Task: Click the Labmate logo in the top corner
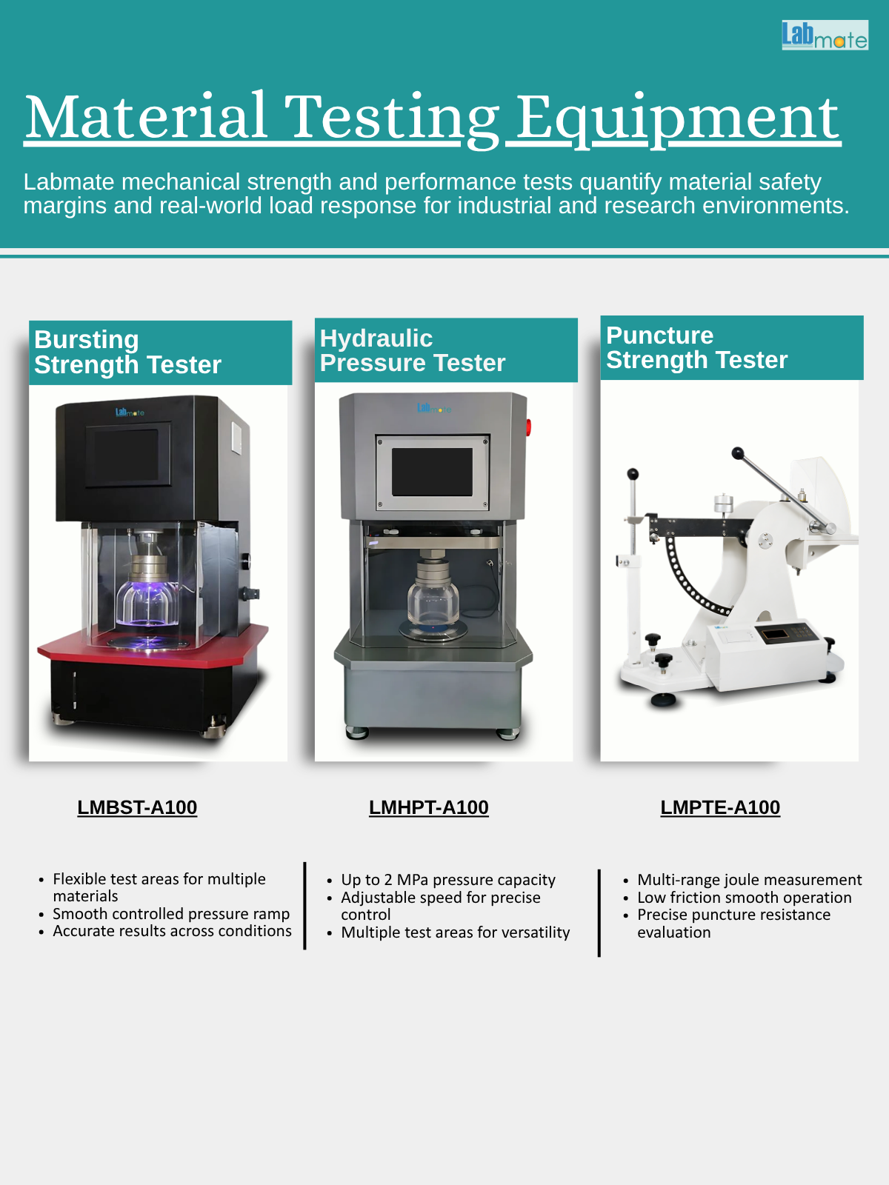tap(825, 35)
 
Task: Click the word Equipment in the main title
tap(677, 118)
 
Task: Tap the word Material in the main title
tap(146, 116)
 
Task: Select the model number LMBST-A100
tap(137, 807)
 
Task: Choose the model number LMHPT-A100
tap(429, 807)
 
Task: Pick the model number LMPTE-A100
tap(720, 807)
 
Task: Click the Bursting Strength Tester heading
tap(128, 352)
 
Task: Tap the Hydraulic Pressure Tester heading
tap(413, 350)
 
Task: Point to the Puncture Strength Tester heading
tap(696, 347)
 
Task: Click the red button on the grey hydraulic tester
tap(528, 427)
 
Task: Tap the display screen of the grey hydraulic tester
tap(432, 472)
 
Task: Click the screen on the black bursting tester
tap(126, 455)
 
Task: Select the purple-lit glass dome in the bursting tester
tap(147, 604)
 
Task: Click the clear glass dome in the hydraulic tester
tap(433, 602)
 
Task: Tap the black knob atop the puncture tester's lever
tap(737, 453)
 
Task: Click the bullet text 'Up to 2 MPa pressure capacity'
tap(448, 879)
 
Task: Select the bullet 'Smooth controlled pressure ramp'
tap(171, 913)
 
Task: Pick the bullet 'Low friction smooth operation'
tap(745, 897)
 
